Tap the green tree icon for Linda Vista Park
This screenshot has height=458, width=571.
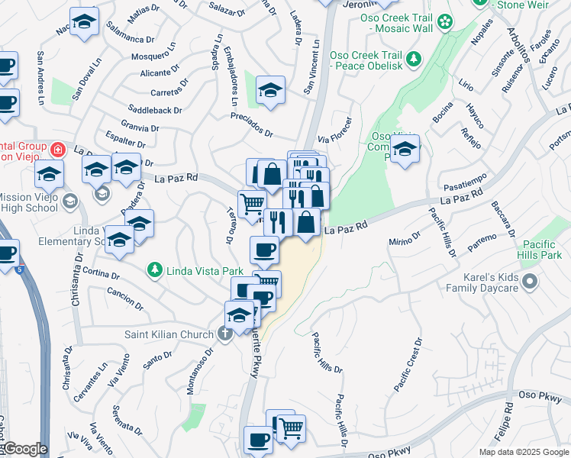[155, 270]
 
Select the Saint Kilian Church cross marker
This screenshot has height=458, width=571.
[224, 333]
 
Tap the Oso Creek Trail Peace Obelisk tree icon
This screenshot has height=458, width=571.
[413, 58]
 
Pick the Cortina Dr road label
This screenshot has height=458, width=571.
[99, 273]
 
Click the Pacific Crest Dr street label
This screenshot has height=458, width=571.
[408, 366]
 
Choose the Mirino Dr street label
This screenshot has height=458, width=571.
[405, 239]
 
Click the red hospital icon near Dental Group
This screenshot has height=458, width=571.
[56, 147]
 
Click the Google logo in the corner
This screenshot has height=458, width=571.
[24, 449]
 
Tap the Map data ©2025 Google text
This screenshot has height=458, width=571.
[523, 452]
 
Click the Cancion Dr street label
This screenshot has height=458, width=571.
[121, 292]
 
